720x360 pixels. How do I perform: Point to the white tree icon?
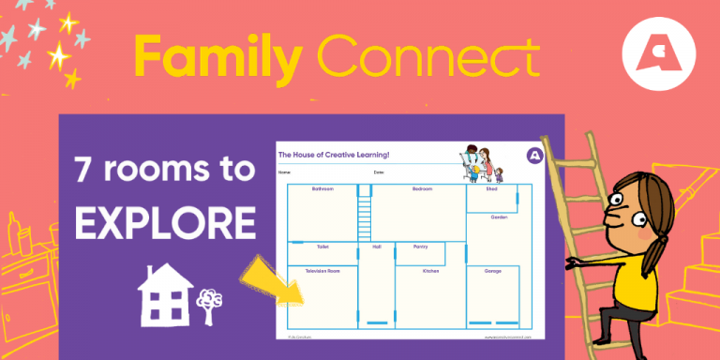pos(208,301)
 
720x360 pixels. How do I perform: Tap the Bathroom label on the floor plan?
pos(322,188)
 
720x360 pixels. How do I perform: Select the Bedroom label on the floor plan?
pos(422,188)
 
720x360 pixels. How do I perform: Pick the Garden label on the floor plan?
pos(499,217)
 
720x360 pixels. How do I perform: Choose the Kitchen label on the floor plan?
pos(430,271)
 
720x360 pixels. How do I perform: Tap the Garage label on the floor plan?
pos(493,271)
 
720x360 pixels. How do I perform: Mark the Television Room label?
pos(322,271)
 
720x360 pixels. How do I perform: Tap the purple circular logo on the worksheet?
pos(534,154)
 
